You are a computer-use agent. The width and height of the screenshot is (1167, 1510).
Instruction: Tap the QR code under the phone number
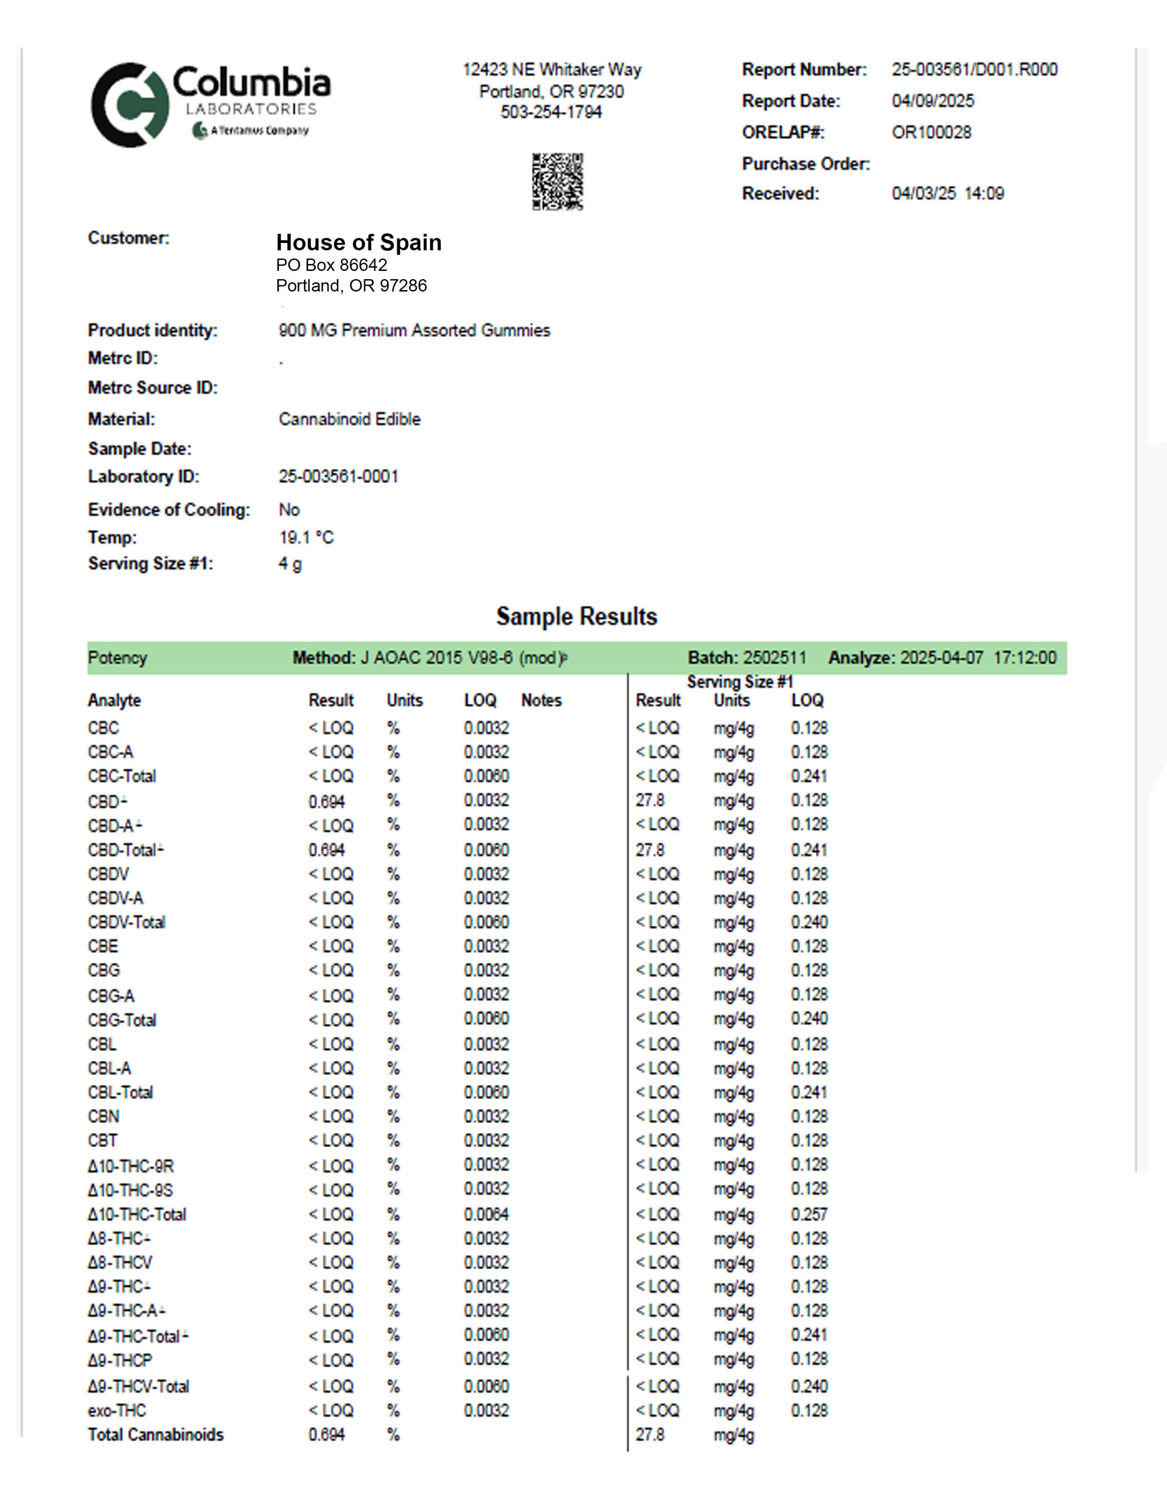point(557,181)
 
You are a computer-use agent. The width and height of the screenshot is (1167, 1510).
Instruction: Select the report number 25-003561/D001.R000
point(974,70)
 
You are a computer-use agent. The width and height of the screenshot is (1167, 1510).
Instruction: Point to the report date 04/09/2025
point(933,101)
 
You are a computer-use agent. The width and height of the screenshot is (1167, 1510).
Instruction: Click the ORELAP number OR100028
point(931,132)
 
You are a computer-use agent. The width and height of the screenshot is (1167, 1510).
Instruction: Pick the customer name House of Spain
point(358,242)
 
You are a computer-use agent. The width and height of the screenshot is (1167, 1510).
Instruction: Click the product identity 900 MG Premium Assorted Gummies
point(414,330)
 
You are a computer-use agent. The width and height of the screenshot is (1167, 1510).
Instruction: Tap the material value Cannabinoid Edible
point(349,419)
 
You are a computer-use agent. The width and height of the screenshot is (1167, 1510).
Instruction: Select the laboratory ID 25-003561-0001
point(338,477)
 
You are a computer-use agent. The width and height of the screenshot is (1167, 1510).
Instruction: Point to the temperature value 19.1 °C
point(306,537)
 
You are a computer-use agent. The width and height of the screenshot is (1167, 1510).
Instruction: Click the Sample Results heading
point(576,616)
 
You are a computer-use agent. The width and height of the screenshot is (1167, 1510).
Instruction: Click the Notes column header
point(541,700)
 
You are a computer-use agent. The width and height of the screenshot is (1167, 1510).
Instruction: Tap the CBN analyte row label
point(103,1117)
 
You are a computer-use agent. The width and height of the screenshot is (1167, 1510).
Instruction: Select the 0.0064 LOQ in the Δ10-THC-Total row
point(486,1214)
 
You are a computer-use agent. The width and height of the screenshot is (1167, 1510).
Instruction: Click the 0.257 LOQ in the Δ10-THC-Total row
point(809,1214)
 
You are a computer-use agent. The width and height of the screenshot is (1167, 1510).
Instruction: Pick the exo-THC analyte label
point(117,1410)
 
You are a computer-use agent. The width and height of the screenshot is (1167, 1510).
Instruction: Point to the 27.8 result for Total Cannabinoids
point(650,1434)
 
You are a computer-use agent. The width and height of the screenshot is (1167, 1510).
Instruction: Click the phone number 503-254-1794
point(550,112)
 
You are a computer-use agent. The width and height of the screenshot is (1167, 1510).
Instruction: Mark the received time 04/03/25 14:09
point(947,193)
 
